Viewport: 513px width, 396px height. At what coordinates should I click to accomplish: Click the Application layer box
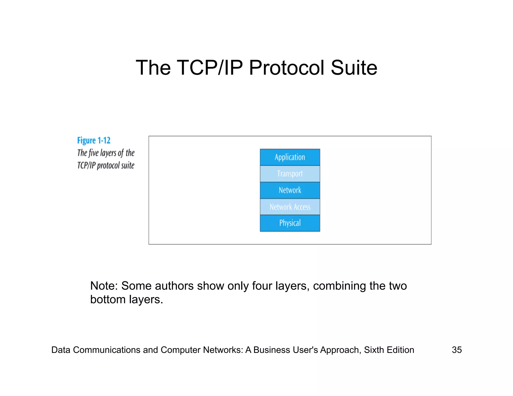pyautogui.click(x=290, y=157)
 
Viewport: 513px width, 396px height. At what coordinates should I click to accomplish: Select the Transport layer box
pyautogui.click(x=290, y=174)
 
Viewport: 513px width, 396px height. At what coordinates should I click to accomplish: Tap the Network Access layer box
pyautogui.click(x=290, y=207)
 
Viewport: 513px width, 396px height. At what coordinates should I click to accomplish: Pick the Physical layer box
pyautogui.click(x=290, y=223)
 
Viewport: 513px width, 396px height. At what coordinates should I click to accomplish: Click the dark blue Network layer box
pyautogui.click(x=290, y=190)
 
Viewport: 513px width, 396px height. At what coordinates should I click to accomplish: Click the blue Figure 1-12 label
pyautogui.click(x=94, y=141)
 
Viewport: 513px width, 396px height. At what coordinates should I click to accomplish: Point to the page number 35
pyautogui.click(x=457, y=350)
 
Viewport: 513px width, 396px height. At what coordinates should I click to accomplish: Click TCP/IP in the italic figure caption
pyautogui.click(x=86, y=165)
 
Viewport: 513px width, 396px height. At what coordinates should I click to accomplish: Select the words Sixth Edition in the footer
pyautogui.click(x=389, y=350)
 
